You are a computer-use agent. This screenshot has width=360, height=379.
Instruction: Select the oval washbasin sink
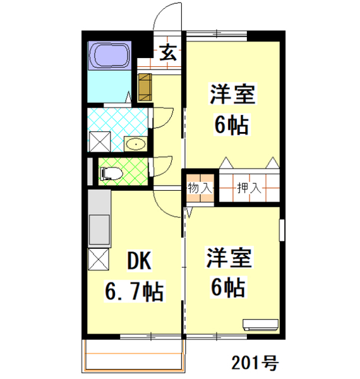[x=135, y=144]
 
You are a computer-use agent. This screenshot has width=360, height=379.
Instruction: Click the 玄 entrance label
[x=167, y=52]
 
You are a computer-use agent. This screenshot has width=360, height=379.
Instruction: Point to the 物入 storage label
[x=200, y=188]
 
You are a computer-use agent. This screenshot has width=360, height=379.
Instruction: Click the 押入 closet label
[x=248, y=188]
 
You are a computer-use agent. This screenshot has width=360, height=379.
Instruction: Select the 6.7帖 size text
[x=134, y=291]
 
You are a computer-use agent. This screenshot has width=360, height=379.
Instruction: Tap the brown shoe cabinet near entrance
[x=145, y=87]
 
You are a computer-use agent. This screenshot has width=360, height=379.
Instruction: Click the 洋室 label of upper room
[x=232, y=95]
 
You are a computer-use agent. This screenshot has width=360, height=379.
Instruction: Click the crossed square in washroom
[x=99, y=140]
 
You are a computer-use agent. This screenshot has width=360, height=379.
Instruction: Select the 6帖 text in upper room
[x=232, y=124]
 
